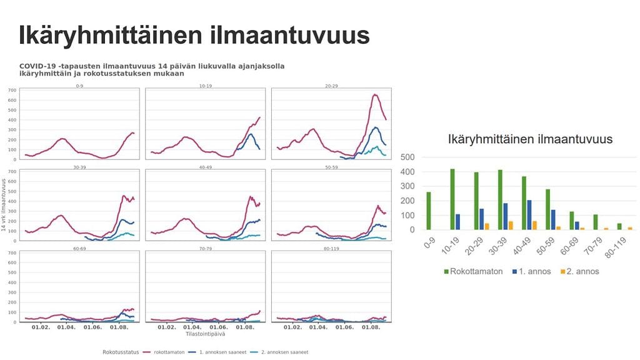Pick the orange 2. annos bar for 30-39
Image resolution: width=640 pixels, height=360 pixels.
point(511,226)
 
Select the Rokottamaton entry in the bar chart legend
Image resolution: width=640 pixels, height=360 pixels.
point(475,271)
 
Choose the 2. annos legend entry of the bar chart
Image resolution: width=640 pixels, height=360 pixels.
point(580,271)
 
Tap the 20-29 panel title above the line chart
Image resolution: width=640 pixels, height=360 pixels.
point(331,85)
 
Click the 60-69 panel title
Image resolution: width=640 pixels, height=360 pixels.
point(79,248)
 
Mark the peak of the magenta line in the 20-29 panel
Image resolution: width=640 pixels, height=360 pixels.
point(375,95)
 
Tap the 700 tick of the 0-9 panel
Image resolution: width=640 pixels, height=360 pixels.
point(12,91)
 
